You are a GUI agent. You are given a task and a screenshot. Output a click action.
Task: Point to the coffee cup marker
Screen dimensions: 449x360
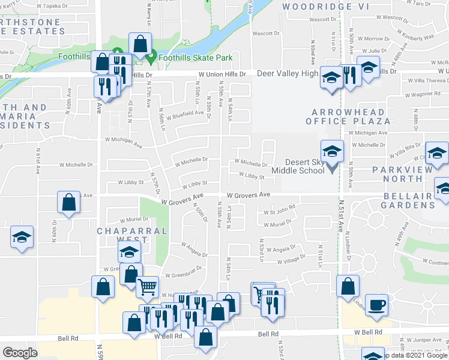click(x=376, y=304)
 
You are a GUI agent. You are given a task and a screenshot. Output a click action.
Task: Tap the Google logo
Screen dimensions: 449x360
click(x=20, y=352)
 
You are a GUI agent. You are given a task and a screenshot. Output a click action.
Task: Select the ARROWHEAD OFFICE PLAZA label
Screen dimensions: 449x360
click(x=351, y=116)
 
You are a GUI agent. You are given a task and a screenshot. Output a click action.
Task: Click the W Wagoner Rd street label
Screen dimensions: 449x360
click(x=426, y=94)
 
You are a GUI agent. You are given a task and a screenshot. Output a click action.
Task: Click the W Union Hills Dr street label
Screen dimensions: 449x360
click(x=223, y=74)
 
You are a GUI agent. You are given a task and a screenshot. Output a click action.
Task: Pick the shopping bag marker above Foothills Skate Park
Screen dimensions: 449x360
click(x=140, y=44)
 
